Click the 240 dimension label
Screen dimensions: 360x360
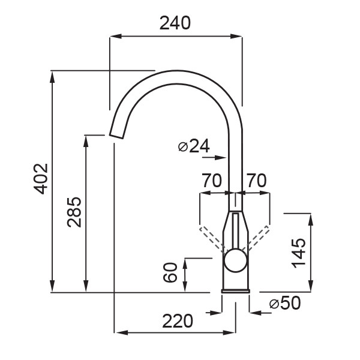pyautogui.click(x=175, y=23)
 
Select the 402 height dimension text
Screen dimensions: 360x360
pyautogui.click(x=41, y=179)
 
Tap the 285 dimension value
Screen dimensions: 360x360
pyautogui.click(x=74, y=212)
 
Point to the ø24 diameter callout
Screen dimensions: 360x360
pyautogui.click(x=194, y=146)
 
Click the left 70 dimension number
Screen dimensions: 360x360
pyautogui.click(x=212, y=181)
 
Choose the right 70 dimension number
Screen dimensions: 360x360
pyautogui.click(x=256, y=181)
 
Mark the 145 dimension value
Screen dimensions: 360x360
pyautogui.click(x=298, y=253)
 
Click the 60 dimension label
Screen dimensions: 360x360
pyautogui.click(x=170, y=272)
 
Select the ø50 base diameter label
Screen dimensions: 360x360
pyautogui.click(x=285, y=303)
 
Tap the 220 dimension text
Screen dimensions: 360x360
pyautogui.click(x=178, y=321)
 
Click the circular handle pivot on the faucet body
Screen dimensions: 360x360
pyautogui.click(x=236, y=261)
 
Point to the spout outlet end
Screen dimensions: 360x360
pyautogui.click(x=116, y=136)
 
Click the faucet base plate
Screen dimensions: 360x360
pyautogui.click(x=236, y=292)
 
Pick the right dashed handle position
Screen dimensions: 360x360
pyautogui.click(x=256, y=238)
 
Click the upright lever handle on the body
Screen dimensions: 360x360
pyautogui.click(x=236, y=232)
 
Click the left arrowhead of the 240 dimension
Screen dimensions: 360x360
pyautogui.click(x=116, y=36)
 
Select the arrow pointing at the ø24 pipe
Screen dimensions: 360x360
pyautogui.click(x=214, y=157)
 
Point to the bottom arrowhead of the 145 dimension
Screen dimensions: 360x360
pyautogui.click(x=311, y=286)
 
